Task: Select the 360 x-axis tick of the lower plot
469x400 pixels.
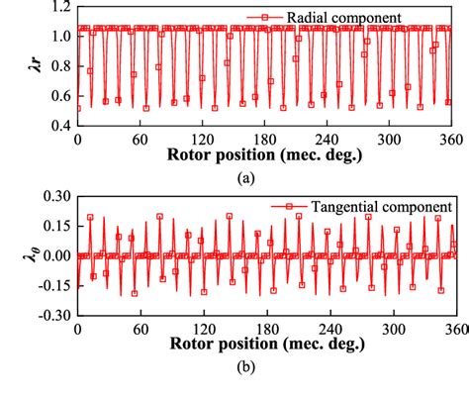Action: click(x=452, y=330)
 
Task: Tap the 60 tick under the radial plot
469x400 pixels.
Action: click(x=141, y=140)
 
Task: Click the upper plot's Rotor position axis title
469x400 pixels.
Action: click(x=265, y=157)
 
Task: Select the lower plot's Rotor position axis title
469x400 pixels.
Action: click(x=265, y=348)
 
